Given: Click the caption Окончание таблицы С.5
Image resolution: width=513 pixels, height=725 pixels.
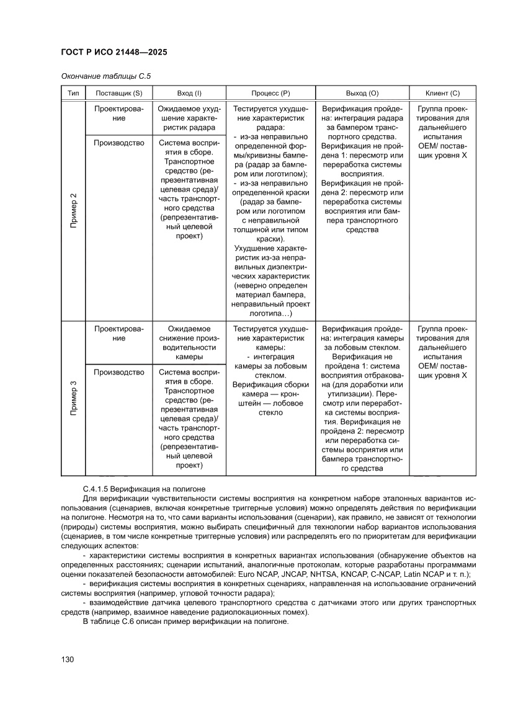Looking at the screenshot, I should pos(106,76).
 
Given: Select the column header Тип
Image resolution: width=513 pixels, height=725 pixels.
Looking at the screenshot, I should pos(73,92).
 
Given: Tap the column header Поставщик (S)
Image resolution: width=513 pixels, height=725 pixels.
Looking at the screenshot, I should pos(118,92).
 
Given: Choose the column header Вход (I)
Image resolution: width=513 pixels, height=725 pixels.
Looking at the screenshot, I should pos(189,92).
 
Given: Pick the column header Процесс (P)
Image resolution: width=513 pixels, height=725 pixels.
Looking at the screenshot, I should pos(270,92).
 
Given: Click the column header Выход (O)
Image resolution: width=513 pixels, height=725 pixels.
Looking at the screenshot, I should pos(362,92).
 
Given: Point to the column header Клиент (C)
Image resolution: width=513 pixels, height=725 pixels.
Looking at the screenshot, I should pos(442,92).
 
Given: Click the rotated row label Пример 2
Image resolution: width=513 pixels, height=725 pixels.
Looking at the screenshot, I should pos(73,210).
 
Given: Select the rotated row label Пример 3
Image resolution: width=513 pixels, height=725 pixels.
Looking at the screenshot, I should pos(73,398).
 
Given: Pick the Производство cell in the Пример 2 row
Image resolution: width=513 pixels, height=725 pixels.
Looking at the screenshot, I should pos(118,143).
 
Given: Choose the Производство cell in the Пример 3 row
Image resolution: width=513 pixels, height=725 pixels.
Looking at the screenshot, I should pos(118,372).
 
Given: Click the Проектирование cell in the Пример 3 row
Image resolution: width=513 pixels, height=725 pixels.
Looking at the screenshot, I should pos(118,333).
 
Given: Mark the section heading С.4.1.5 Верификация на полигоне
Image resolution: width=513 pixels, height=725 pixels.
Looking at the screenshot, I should pos(143,489).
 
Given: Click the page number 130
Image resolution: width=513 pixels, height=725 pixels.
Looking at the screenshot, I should pos(68,659).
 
